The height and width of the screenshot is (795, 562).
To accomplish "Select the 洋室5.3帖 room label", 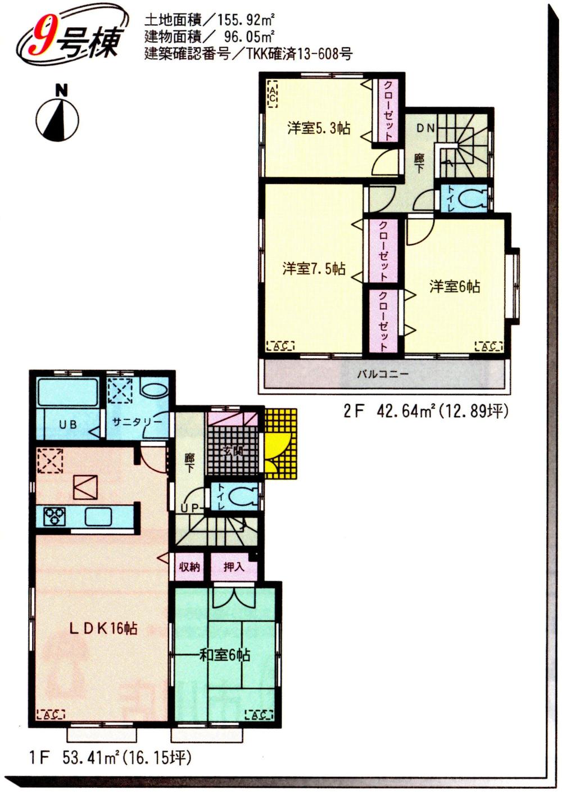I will pyautogui.click(x=319, y=128).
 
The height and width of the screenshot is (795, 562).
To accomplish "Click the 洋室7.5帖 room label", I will pyautogui.click(x=314, y=269).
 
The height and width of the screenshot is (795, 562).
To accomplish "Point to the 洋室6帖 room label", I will pyautogui.click(x=455, y=287).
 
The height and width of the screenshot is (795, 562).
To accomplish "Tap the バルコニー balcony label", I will pyautogui.click(x=383, y=374).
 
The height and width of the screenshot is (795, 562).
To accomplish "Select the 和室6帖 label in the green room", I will pyautogui.click(x=225, y=655).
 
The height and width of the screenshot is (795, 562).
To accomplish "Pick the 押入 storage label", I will pyautogui.click(x=234, y=567).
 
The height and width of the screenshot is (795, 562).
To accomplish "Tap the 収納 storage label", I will pyautogui.click(x=189, y=567).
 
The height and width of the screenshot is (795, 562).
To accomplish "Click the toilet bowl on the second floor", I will pyautogui.click(x=473, y=198).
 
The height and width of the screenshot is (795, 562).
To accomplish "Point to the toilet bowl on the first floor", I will pyautogui.click(x=243, y=497).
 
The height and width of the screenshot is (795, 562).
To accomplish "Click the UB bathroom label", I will pyautogui.click(x=67, y=425).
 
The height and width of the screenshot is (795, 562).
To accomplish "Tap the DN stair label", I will pyautogui.click(x=425, y=128).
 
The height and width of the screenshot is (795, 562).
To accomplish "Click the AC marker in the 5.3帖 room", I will pyautogui.click(x=272, y=94).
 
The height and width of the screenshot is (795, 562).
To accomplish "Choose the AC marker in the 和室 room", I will pyautogui.click(x=259, y=715).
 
